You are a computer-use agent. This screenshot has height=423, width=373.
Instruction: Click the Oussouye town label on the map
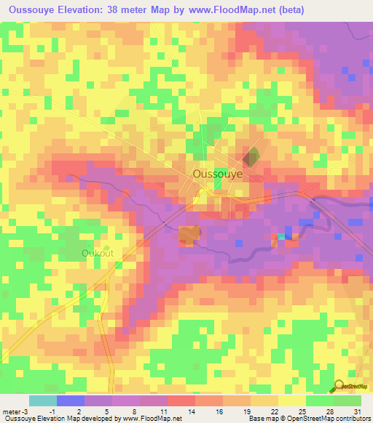(x=217, y=175)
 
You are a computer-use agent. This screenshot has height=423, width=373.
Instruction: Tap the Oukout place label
(x=97, y=253)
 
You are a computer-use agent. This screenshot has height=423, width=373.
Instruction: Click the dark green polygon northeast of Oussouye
(x=250, y=156)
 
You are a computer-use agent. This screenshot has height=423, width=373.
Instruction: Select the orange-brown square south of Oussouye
(x=189, y=235)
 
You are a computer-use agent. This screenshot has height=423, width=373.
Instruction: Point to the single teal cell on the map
(x=281, y=236)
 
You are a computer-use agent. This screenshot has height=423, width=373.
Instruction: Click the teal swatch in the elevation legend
(x=42, y=400)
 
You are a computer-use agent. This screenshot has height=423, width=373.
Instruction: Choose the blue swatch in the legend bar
(x=70, y=400)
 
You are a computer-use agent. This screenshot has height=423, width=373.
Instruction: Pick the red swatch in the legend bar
(x=181, y=400)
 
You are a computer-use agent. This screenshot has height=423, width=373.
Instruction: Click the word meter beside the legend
(x=12, y=411)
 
